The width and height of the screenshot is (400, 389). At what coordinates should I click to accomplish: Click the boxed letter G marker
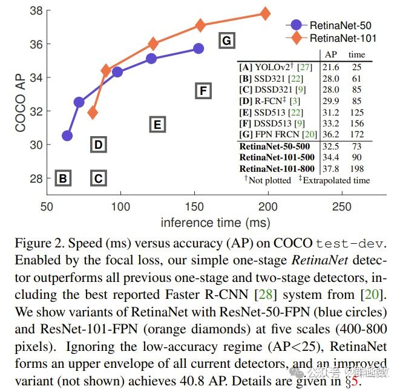(x=226, y=41)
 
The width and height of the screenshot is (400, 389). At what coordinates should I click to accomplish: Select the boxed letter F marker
(x=203, y=91)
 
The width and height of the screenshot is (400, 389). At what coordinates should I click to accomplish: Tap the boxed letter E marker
(x=157, y=125)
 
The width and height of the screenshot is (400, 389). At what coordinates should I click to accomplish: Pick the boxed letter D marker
(x=98, y=145)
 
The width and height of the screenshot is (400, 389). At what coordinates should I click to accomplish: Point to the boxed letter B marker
(x=62, y=178)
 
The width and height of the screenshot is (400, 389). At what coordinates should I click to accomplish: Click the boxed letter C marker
(x=98, y=178)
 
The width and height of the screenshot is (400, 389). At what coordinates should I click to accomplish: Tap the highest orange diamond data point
(x=265, y=13)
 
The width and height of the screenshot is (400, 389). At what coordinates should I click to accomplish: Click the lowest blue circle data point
(x=67, y=136)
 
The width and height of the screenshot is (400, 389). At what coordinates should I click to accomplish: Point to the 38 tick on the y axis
(x=36, y=11)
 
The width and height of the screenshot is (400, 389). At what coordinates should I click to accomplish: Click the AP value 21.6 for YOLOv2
(x=330, y=67)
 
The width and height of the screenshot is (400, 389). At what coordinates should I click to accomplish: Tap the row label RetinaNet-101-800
(x=277, y=168)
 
